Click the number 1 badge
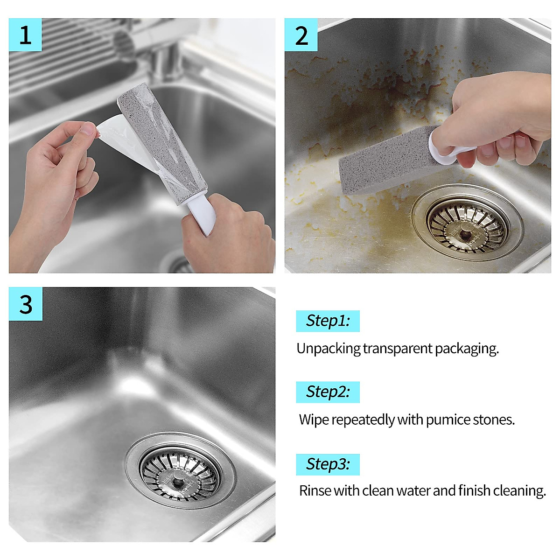[25, 35]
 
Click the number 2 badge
[301, 35]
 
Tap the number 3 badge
[26, 304]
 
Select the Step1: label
[328, 321]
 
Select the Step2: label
[328, 392]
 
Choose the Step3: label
[328, 464]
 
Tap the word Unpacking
[329, 349]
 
